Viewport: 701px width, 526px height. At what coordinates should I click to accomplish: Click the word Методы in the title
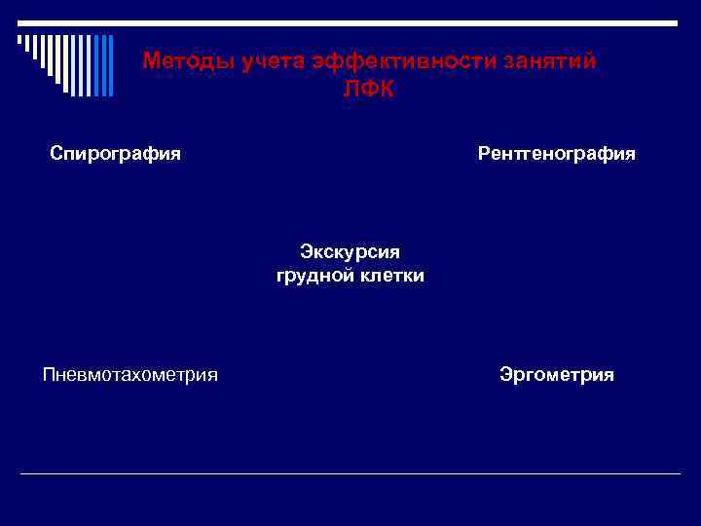point(178,61)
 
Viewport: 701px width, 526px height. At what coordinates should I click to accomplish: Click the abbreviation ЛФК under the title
point(370,88)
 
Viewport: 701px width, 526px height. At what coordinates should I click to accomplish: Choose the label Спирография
point(116,154)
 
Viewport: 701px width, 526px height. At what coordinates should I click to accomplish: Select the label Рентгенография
point(556,154)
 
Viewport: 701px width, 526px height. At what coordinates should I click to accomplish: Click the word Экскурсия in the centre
point(350,252)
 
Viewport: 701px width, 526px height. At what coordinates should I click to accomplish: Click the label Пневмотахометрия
point(130,375)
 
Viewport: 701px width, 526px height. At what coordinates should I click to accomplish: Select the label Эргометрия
point(556,375)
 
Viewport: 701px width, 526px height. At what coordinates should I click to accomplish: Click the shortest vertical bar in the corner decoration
point(18,40)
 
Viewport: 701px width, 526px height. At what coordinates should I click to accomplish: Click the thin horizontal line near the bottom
point(350,474)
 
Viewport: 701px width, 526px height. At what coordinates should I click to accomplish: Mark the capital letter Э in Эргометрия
point(505,375)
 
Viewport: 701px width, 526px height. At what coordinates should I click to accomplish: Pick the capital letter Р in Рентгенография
point(484,154)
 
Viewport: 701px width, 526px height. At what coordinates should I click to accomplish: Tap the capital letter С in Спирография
point(56,154)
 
